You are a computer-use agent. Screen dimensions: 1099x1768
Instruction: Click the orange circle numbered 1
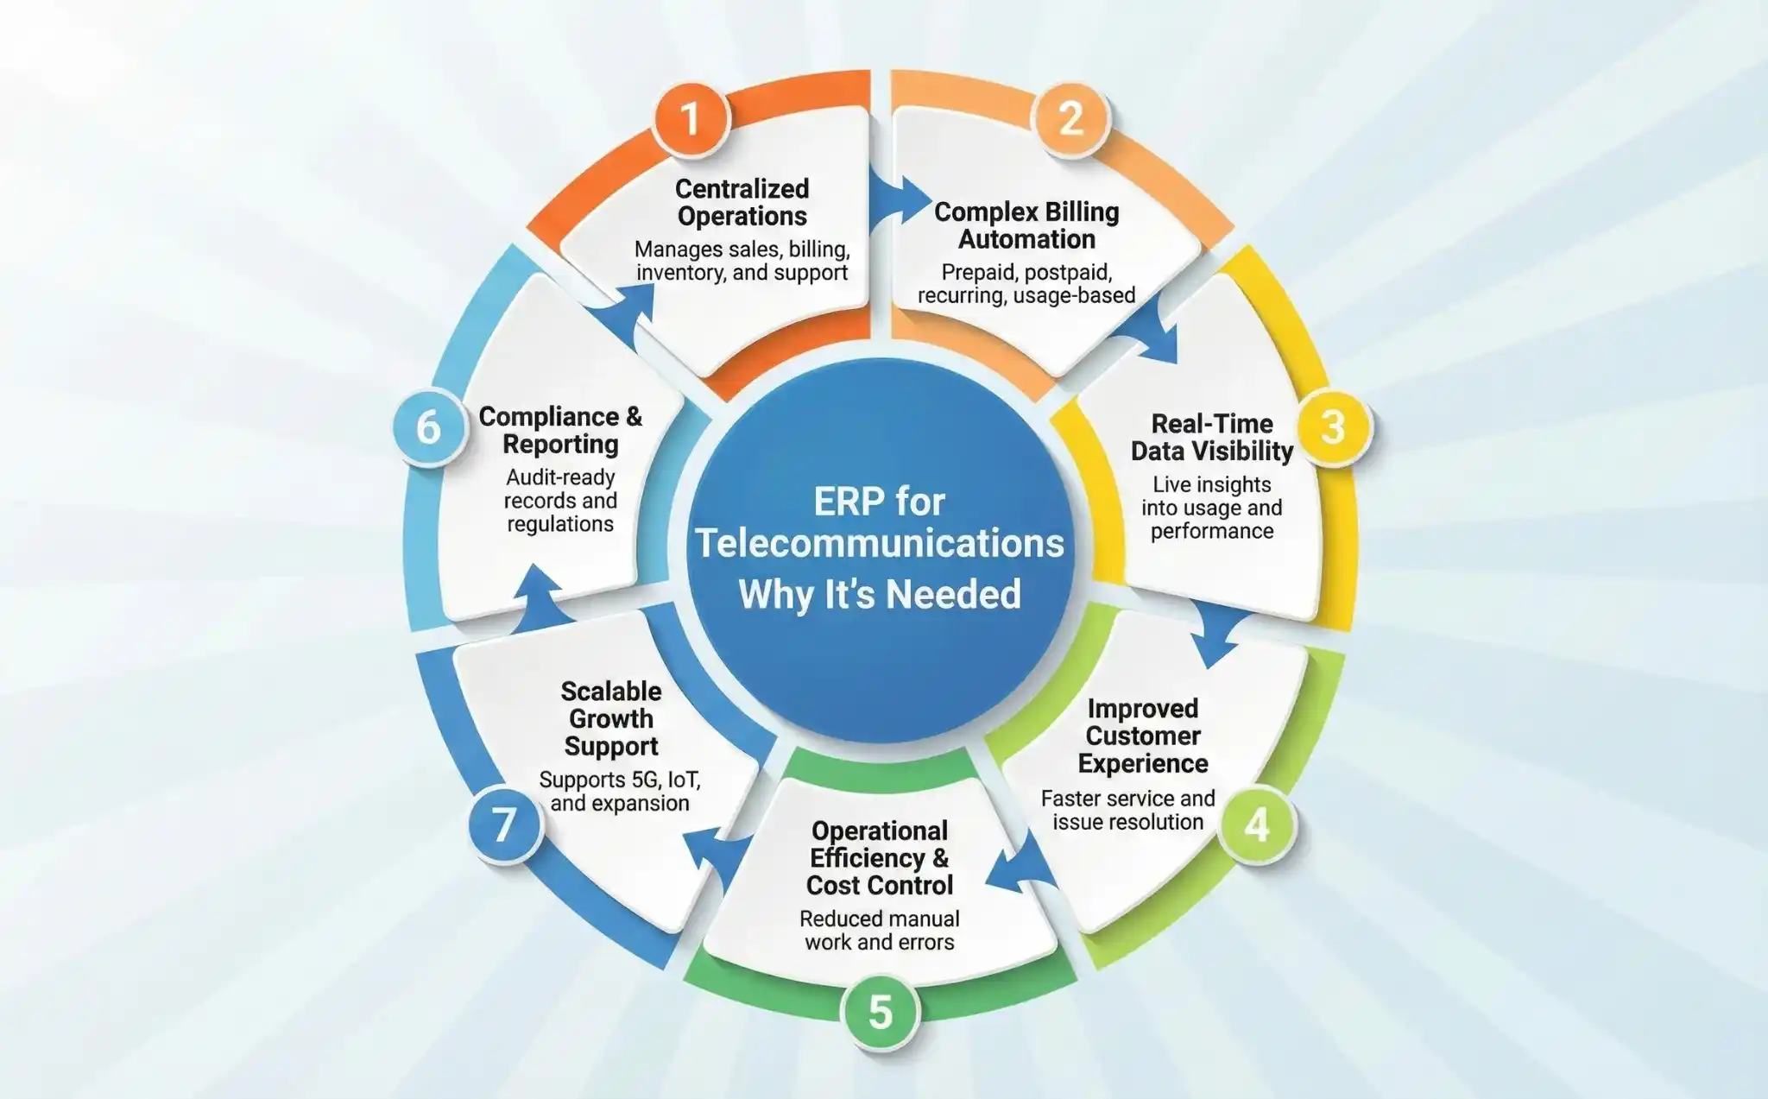coord(691,118)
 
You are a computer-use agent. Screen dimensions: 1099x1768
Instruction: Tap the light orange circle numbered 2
coord(1070,118)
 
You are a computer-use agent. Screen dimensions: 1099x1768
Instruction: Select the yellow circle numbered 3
coord(1333,426)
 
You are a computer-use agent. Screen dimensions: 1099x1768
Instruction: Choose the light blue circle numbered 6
coord(429,426)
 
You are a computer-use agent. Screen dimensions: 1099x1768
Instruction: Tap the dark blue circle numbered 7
coord(504,824)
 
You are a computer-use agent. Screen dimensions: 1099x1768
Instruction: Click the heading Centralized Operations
coord(742,202)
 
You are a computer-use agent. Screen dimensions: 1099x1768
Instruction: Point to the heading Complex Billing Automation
coord(1026,225)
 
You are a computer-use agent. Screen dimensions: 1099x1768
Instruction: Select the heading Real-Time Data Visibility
coord(1212,437)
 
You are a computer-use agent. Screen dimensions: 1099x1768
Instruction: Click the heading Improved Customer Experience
coord(1143,736)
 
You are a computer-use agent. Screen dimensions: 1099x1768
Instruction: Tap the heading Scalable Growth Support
coord(611,718)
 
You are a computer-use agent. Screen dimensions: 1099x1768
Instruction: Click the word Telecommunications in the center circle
coord(880,544)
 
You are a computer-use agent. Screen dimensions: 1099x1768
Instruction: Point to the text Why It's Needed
coord(880,594)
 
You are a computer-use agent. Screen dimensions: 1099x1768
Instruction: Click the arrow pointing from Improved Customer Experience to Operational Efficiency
coord(1019,868)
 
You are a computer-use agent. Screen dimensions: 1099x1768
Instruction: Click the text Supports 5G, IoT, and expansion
coord(620,791)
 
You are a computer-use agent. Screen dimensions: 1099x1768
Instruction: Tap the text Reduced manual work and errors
coord(880,930)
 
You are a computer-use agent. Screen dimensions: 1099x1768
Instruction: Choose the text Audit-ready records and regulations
coord(560,501)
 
